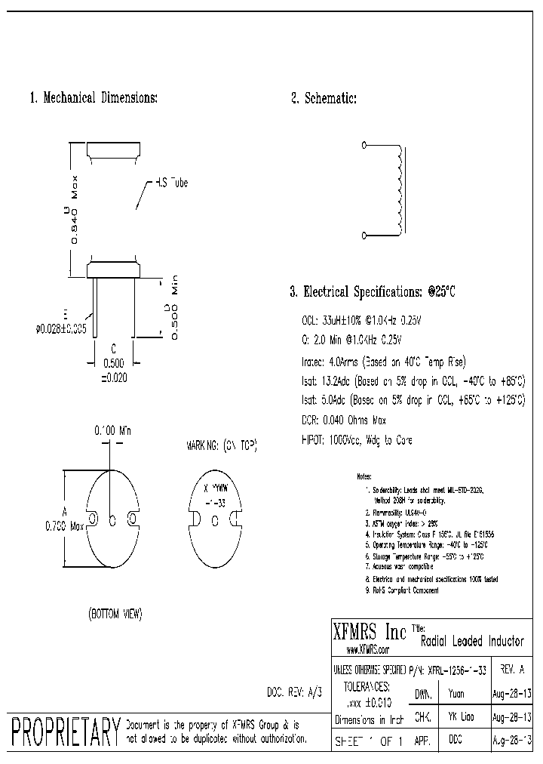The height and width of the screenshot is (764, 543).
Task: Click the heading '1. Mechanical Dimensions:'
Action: [93, 98]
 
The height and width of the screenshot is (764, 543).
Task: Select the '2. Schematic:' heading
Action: [324, 98]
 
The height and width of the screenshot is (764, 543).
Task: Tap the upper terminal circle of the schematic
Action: [365, 144]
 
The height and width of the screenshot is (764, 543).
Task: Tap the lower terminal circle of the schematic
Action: [365, 236]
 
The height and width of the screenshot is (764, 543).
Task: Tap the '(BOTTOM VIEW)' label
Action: [115, 614]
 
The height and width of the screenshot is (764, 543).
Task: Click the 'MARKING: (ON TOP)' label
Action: [221, 447]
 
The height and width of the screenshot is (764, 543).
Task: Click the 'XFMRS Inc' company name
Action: [370, 631]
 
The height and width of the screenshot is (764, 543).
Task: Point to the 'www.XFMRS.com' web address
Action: [367, 649]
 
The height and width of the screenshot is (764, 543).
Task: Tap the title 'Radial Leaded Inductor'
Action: [471, 642]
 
